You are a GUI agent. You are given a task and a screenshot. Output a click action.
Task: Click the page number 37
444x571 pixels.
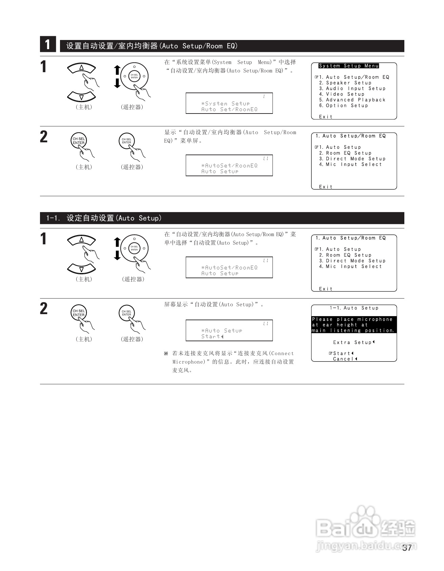pyautogui.click(x=407, y=548)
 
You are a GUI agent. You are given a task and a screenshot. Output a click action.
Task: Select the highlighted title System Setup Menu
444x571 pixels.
pyautogui.click(x=348, y=66)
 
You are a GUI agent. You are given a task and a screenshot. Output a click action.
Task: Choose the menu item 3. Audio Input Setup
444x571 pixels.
pyautogui.click(x=352, y=89)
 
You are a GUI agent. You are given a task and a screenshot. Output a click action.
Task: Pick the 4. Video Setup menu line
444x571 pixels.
pyautogui.click(x=342, y=95)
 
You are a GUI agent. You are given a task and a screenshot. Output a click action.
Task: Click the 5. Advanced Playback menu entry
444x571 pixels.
pyautogui.click(x=352, y=100)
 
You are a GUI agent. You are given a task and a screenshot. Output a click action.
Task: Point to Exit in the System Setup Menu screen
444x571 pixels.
pyautogui.click(x=326, y=117)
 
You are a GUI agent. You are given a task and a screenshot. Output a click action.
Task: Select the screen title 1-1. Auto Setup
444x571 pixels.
pyautogui.click(x=354, y=308)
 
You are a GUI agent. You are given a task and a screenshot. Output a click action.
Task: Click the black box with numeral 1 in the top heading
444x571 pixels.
pyautogui.click(x=48, y=45)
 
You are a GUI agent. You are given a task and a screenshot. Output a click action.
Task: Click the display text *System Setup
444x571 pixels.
pyautogui.click(x=225, y=104)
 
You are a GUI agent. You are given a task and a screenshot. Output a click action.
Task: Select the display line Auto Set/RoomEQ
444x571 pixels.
pyautogui.click(x=229, y=109)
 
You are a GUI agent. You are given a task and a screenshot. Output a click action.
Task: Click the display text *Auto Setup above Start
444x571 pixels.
pyautogui.click(x=222, y=331)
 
